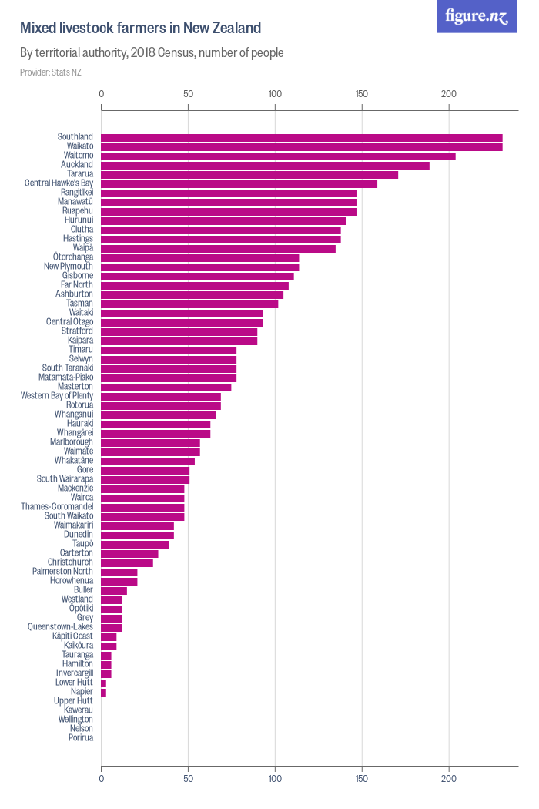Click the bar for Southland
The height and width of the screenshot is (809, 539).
[302, 138]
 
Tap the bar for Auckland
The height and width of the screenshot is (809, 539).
[265, 166]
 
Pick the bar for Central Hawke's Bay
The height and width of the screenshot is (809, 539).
[239, 184]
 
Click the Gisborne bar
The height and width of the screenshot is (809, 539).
[197, 276]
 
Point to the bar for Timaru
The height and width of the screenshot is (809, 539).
[169, 350]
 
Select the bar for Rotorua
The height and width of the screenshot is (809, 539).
[161, 405]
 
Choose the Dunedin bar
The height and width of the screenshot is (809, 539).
[137, 535]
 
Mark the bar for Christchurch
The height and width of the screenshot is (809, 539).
[127, 562]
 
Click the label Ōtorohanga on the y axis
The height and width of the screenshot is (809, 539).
[73, 257]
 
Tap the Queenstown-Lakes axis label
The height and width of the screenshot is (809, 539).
[60, 627]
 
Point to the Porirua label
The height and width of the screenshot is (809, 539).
[81, 738]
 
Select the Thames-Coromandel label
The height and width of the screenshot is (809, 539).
[57, 507]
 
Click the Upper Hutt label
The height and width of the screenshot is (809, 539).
[73, 701]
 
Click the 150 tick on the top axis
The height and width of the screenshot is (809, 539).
[362, 94]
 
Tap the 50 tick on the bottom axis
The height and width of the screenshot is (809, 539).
[188, 779]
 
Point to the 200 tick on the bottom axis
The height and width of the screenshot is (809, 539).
[448, 779]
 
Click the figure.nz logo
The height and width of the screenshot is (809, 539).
[477, 16]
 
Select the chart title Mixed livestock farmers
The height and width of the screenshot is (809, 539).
[140, 29]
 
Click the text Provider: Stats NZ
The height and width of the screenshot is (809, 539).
[50, 72]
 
